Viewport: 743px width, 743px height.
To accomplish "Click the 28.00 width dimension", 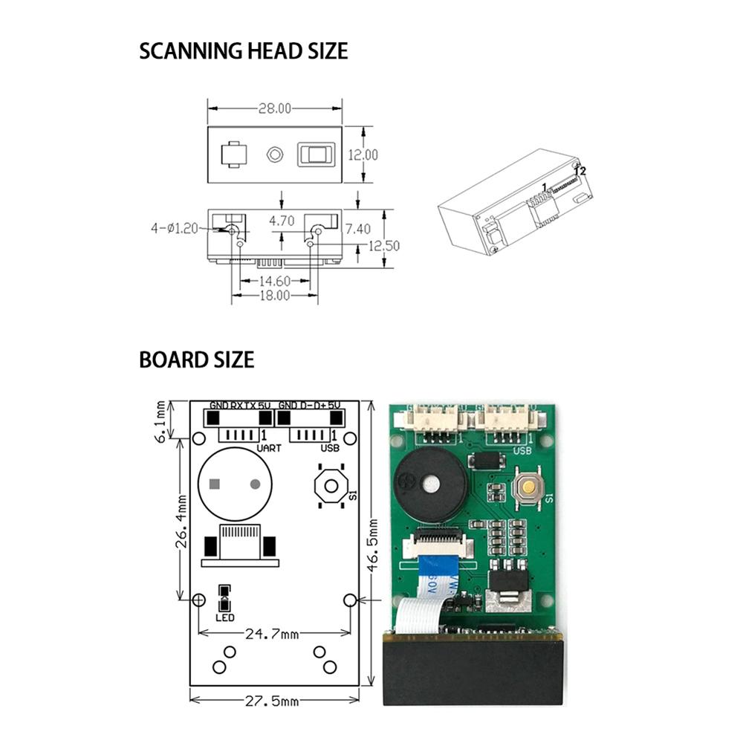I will pyautogui.click(x=274, y=108).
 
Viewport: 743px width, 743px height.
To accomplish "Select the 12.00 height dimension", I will pyautogui.click(x=364, y=155).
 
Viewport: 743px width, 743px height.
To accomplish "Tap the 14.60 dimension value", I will pyautogui.click(x=273, y=281).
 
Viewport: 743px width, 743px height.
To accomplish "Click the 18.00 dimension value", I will pyautogui.click(x=273, y=295).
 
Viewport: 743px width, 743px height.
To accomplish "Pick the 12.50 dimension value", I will pyautogui.click(x=385, y=246).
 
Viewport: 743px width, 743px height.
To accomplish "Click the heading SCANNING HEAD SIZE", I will pyautogui.click(x=243, y=51).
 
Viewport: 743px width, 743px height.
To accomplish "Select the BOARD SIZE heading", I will pyautogui.click(x=196, y=360).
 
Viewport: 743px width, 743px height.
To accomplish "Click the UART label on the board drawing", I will pyautogui.click(x=268, y=449).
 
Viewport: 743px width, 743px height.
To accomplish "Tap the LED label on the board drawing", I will pyautogui.click(x=224, y=617).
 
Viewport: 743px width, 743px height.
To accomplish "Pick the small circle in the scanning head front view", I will pyautogui.click(x=274, y=155).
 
